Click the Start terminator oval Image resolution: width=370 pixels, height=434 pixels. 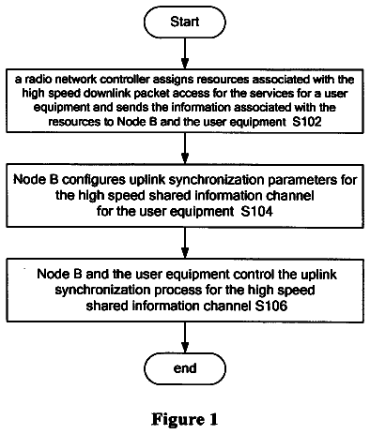185,22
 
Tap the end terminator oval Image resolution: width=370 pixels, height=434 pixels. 185,368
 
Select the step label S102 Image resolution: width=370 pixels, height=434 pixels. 307,122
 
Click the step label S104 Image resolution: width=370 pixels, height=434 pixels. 256,212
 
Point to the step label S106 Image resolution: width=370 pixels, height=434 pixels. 271,306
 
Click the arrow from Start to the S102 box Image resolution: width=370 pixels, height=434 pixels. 185,53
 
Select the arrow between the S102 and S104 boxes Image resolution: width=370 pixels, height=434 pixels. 185,148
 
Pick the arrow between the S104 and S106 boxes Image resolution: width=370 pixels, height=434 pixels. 185,243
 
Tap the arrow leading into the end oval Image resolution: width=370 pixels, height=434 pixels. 185,337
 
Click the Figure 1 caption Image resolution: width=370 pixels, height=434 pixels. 185,419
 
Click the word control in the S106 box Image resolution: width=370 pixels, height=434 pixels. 254,274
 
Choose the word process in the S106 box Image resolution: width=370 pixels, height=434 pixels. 178,291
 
